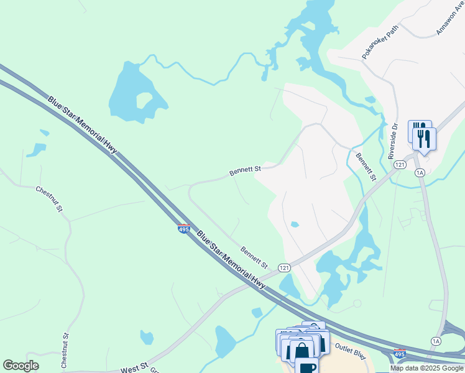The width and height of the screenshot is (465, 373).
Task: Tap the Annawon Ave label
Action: coord(448,19)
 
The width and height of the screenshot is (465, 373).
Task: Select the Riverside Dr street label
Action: coord(393,145)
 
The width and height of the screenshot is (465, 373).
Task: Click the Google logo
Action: coord(21,366)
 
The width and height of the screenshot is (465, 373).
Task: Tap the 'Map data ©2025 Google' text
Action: coord(427,368)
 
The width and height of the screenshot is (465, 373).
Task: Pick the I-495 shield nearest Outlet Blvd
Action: coord(400,354)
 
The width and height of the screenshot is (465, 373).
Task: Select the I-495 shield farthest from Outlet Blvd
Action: coord(183,229)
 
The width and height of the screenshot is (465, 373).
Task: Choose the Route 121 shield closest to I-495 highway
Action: coord(284,268)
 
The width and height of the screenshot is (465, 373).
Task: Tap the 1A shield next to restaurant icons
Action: coord(420,172)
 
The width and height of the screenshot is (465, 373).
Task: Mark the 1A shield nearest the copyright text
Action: coord(436,341)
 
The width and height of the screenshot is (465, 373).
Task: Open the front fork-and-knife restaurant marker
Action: coord(425,138)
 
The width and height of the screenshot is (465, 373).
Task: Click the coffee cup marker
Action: coord(306,366)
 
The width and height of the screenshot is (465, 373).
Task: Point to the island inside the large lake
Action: coord(144,101)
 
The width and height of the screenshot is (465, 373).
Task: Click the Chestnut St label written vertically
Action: coord(65,351)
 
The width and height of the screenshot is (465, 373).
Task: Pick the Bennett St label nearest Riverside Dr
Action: coord(366,165)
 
